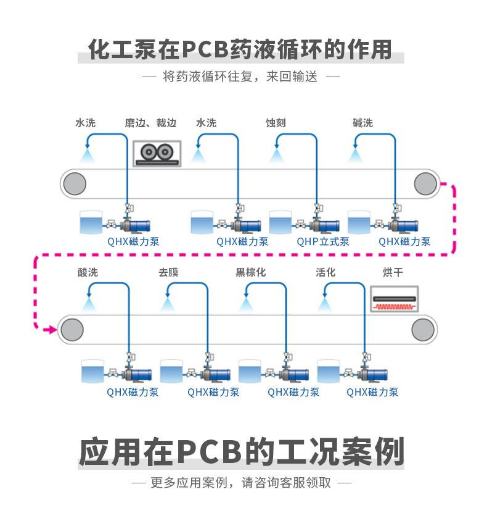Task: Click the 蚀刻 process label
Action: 276,123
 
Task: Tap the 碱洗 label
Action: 362,123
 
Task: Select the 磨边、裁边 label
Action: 150,123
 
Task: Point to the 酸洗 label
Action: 88,272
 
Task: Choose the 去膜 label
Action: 168,272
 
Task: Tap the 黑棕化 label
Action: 251,272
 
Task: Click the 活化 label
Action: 325,272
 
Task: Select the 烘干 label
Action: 393,272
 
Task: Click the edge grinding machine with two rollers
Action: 155,153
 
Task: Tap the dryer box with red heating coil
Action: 394,298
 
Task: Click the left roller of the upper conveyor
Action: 73,183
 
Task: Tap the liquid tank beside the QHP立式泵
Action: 280,222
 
